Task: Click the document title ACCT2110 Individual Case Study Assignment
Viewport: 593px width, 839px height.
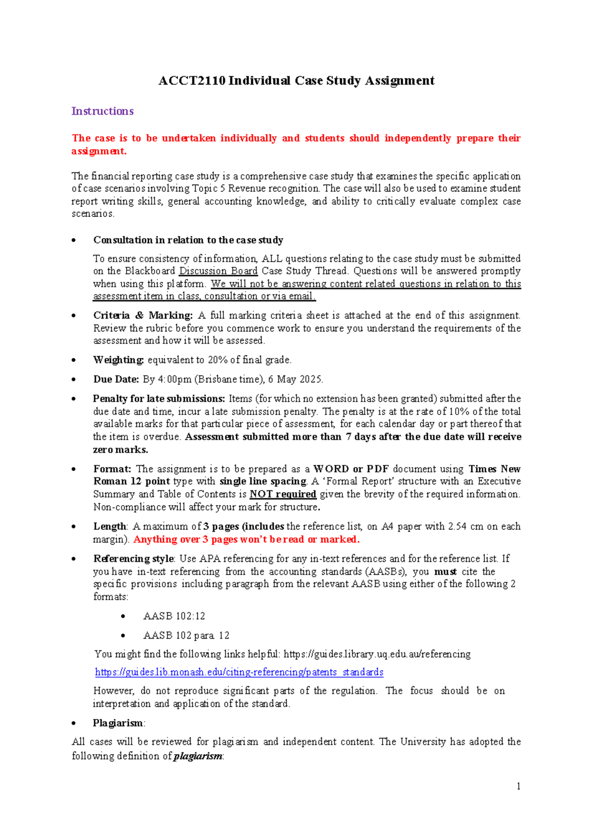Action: (296, 81)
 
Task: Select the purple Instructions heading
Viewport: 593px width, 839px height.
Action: (102, 111)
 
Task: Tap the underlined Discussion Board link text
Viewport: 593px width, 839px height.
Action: (218, 271)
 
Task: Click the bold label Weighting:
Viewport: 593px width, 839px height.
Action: (118, 360)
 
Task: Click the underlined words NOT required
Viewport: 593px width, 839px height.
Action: (283, 494)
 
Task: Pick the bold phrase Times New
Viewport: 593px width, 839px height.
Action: (494, 469)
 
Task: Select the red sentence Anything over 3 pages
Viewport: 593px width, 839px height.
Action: (246, 539)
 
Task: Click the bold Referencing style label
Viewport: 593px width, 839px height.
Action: (133, 559)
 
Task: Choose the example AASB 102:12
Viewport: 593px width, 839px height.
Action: (174, 616)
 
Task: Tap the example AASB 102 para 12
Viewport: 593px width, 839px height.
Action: (186, 635)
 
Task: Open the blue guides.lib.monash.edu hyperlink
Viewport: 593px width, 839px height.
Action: (239, 672)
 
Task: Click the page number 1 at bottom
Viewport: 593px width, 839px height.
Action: (518, 786)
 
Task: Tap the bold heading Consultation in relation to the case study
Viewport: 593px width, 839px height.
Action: (188, 240)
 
